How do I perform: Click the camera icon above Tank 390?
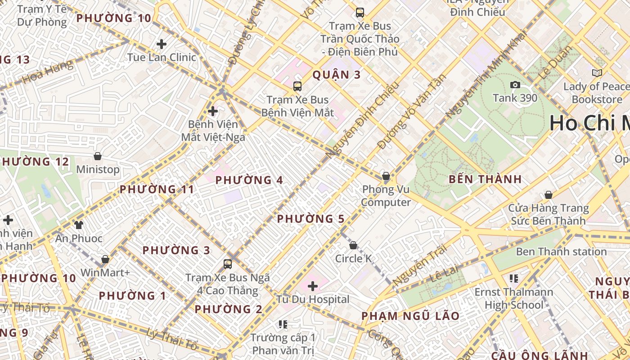coord(515,85)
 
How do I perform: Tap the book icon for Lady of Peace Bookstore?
coord(597,73)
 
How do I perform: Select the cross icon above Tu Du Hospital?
coord(313,286)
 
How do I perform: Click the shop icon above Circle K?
coord(353,245)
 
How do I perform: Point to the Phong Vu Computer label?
coord(386,196)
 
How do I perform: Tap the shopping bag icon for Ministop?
coord(98,156)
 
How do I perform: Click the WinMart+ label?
coord(105,273)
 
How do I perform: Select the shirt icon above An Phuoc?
coord(79,225)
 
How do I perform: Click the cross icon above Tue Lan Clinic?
coord(161,44)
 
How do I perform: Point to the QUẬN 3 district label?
coord(337,75)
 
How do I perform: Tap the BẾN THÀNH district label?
coord(485,179)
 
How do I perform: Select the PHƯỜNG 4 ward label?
coord(249,180)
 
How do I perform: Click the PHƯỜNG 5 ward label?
coord(310,219)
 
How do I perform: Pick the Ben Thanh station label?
coord(561,252)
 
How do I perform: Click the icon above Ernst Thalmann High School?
coord(513,279)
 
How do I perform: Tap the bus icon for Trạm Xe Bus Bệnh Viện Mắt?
coord(297,86)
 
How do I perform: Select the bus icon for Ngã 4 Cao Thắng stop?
coord(228,264)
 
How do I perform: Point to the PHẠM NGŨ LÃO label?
coord(410,316)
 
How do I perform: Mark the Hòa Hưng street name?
coord(47,72)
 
